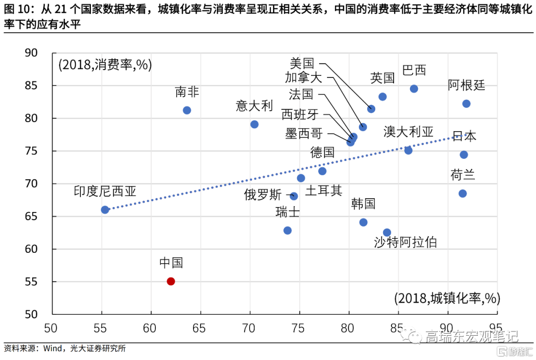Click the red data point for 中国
(171, 281)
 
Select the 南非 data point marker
(187, 110)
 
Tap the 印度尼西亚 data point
(105, 210)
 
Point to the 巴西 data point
(414, 89)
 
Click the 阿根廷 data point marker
(466, 104)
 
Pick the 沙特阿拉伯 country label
(405, 242)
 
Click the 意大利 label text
(254, 106)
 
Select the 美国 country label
(302, 63)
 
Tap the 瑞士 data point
(287, 230)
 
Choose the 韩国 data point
(363, 222)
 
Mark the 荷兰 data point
(463, 193)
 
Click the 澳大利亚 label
(408, 132)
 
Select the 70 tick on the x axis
(249, 328)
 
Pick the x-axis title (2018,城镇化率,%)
(447, 298)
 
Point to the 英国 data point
(383, 97)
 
